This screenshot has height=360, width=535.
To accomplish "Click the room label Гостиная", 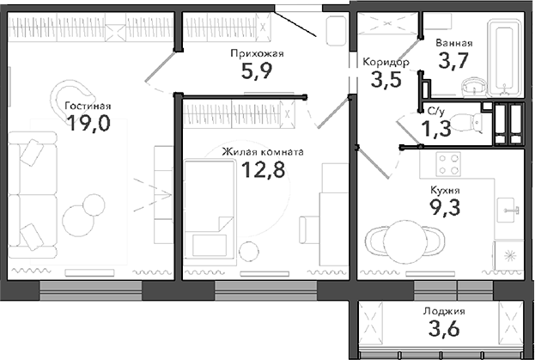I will tap(88, 107).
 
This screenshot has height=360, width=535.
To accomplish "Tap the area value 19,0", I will tap(88, 125).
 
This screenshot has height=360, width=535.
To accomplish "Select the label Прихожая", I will tap(256, 53).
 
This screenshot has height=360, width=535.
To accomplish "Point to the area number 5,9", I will tap(256, 71).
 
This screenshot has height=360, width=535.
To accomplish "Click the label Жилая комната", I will tap(262, 152).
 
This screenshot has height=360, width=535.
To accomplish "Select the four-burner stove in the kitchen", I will tap(449, 162).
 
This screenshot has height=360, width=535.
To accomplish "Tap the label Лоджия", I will tap(444, 312).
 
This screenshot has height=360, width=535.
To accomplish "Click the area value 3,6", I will tap(444, 329).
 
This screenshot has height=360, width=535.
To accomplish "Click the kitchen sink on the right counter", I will tap(509, 204).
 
